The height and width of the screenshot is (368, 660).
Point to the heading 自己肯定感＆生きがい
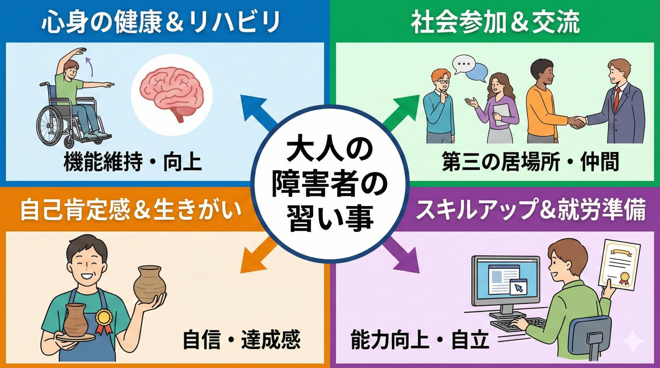point(131,210)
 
